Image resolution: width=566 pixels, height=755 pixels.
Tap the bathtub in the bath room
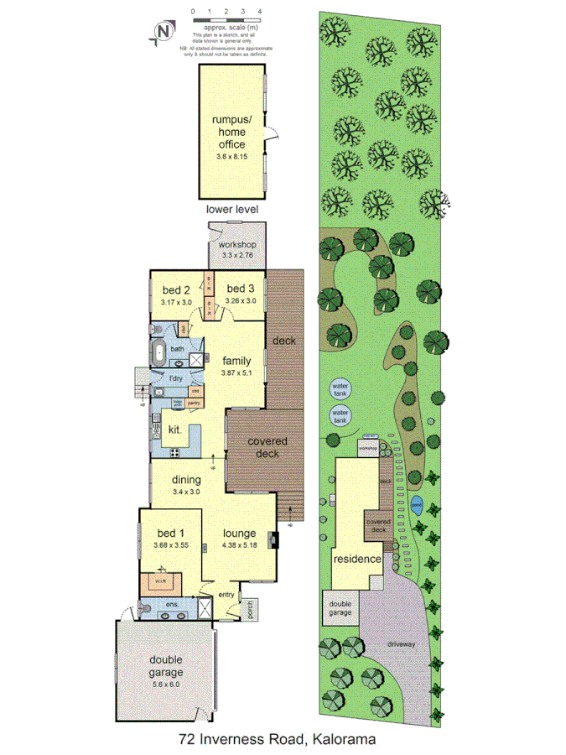[x=158, y=351]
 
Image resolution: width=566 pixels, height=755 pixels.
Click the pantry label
[x=193, y=404]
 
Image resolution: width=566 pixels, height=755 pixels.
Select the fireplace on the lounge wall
[x=273, y=538]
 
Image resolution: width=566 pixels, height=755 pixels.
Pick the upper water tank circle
[x=340, y=390]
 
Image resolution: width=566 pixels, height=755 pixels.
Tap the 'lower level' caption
[x=231, y=209]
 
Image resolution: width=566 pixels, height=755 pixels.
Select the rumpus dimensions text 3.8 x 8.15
[x=231, y=157]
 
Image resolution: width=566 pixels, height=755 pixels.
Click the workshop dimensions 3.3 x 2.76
[x=237, y=256]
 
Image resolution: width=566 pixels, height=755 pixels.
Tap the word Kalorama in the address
[x=341, y=739]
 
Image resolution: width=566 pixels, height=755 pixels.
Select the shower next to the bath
[x=197, y=359]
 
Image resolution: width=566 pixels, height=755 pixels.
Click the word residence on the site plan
[x=357, y=559]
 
